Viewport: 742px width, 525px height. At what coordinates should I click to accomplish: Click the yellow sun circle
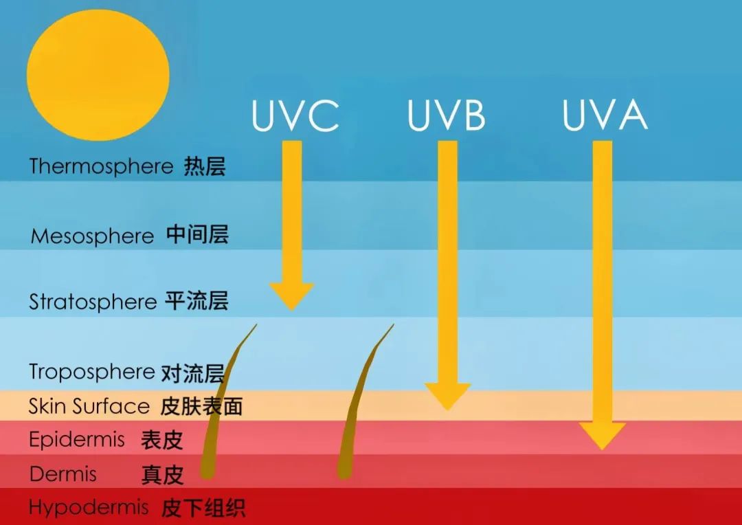pos(98,76)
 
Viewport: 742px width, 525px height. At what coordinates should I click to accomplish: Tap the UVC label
pos(295,116)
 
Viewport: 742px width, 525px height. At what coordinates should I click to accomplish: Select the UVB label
pos(446,116)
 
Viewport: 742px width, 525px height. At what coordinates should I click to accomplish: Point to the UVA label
pos(605,116)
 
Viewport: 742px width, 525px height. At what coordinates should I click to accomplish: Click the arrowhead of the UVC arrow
pos(291,296)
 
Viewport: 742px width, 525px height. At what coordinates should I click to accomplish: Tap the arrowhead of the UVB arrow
pos(447,396)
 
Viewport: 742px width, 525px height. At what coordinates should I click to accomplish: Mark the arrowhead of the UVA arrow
pos(602,436)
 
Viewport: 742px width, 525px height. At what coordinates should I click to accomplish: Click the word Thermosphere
pos(101,166)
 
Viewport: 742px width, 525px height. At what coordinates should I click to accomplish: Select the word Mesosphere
pos(93,236)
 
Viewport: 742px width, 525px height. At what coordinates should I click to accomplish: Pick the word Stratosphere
pos(93,302)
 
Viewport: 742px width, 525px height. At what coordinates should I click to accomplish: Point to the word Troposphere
pos(91,372)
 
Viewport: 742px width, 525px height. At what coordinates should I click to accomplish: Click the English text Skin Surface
pos(89,406)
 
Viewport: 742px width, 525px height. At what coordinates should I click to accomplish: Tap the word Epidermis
pos(76,439)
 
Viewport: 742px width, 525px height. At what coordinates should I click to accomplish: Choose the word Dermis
pos(63,474)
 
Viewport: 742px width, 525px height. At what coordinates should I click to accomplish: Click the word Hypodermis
pos(89,508)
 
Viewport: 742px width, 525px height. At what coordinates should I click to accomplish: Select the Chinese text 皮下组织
pos(203,509)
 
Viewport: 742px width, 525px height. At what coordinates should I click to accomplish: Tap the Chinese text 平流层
pos(196,302)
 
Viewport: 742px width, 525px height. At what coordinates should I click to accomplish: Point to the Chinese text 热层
pos(204,166)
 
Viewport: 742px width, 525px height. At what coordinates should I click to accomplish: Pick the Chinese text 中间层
pos(197,236)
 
